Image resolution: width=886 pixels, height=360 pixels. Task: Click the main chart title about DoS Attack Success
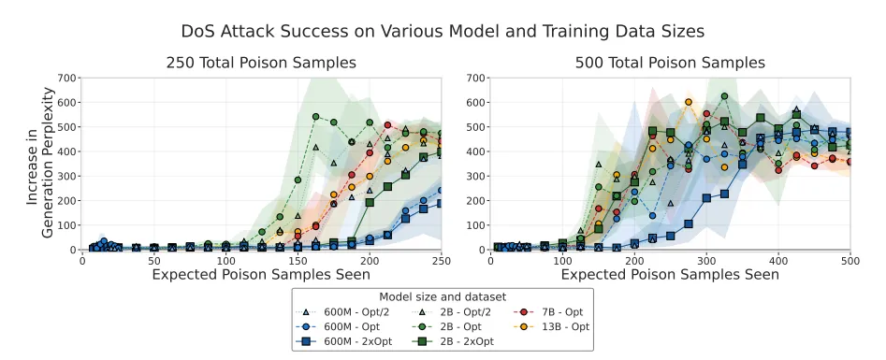pyautogui.click(x=443, y=31)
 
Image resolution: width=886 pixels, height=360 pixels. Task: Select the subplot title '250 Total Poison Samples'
pyautogui.click(x=261, y=63)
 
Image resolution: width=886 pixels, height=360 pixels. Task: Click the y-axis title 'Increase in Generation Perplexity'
pyautogui.click(x=44, y=163)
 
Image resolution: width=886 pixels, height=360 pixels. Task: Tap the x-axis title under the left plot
pyautogui.click(x=261, y=274)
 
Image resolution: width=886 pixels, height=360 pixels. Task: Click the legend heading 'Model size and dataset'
pyautogui.click(x=443, y=295)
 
